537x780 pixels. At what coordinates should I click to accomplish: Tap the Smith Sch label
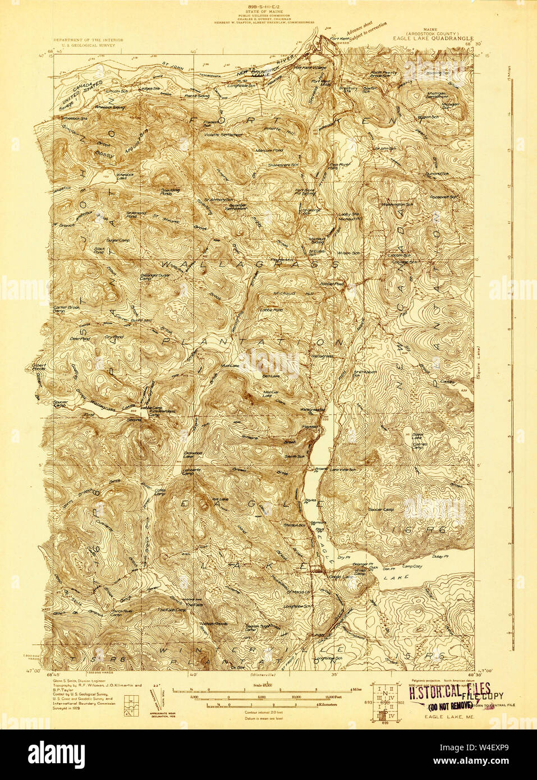point(294,457)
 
